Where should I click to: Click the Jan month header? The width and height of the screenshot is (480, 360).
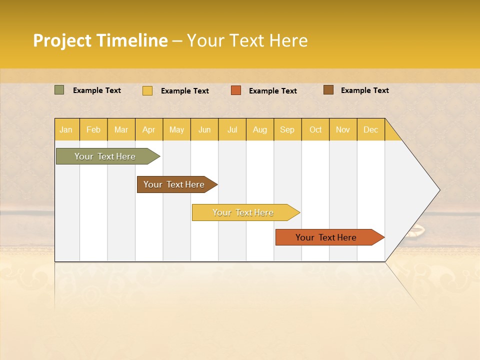[x=66, y=129]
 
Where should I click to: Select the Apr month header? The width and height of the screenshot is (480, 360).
[x=149, y=129]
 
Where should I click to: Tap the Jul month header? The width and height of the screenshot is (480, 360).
[x=232, y=129]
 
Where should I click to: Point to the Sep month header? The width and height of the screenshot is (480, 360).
[x=287, y=129]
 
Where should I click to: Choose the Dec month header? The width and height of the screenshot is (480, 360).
[x=370, y=129]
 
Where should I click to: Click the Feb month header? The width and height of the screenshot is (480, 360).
[x=93, y=129]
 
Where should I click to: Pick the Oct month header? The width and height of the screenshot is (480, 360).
[x=315, y=129]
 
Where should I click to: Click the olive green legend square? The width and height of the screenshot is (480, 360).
[x=59, y=90]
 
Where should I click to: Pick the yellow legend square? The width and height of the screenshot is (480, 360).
[x=147, y=90]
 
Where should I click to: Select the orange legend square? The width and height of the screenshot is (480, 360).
[x=236, y=90]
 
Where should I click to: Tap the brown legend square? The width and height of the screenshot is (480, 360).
[x=328, y=90]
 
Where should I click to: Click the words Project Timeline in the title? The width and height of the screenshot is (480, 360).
[x=100, y=40]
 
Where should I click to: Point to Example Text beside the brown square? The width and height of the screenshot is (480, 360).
[x=364, y=90]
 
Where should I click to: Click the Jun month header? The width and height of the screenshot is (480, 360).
[x=204, y=129]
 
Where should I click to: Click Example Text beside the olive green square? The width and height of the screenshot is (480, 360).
[x=97, y=90]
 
